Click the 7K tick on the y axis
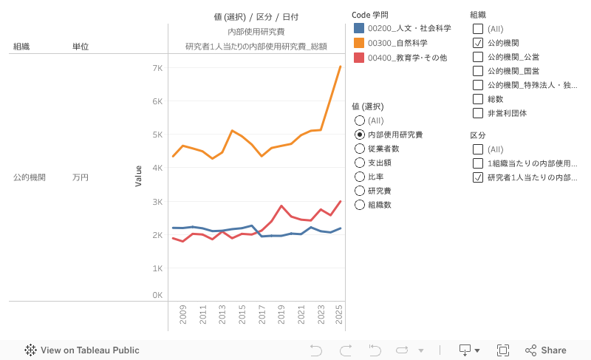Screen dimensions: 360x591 (157, 68)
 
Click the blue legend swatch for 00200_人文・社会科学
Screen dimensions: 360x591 (359, 28)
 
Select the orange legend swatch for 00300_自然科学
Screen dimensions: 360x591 (359, 43)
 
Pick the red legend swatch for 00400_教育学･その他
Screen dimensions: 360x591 (359, 58)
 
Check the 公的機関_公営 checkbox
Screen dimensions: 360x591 (477, 57)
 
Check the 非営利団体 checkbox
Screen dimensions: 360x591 (477, 113)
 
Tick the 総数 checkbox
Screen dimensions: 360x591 (477, 99)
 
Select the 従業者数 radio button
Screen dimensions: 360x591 (360, 149)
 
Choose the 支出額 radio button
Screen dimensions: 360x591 (360, 163)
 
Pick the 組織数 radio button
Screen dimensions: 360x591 (360, 205)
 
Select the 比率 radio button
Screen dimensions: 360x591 (360, 177)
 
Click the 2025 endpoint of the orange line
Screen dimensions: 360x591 (340, 67)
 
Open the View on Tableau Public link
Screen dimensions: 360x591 (82, 350)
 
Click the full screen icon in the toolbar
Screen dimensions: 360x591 (503, 350)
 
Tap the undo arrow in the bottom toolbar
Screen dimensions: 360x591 (316, 350)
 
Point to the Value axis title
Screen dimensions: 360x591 (138, 176)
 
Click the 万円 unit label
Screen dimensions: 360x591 (81, 177)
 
